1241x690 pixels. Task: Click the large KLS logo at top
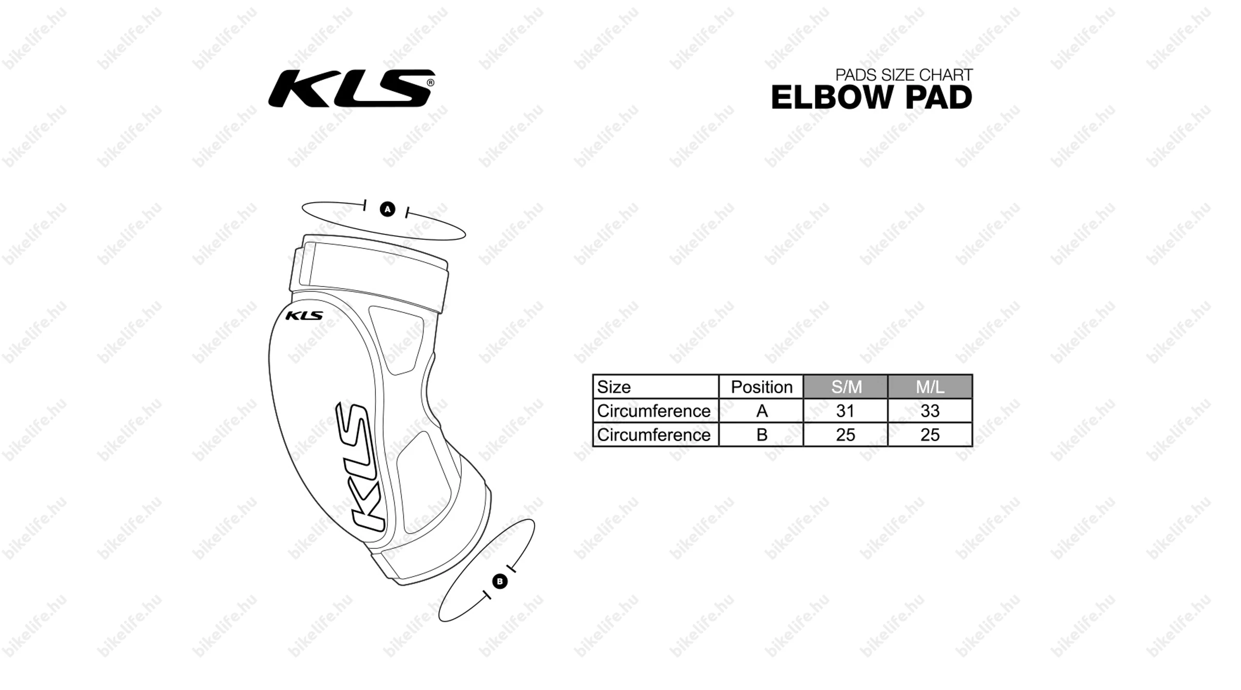coord(351,88)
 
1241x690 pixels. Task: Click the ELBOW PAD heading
coord(872,97)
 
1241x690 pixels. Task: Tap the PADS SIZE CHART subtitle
coord(904,75)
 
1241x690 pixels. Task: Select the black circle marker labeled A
coord(387,209)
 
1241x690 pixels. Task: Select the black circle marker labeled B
coord(500,581)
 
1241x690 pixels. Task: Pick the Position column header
coord(762,387)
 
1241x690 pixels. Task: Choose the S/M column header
coord(846,387)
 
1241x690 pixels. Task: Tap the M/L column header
coord(930,387)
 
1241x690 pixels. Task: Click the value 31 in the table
coord(845,411)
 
